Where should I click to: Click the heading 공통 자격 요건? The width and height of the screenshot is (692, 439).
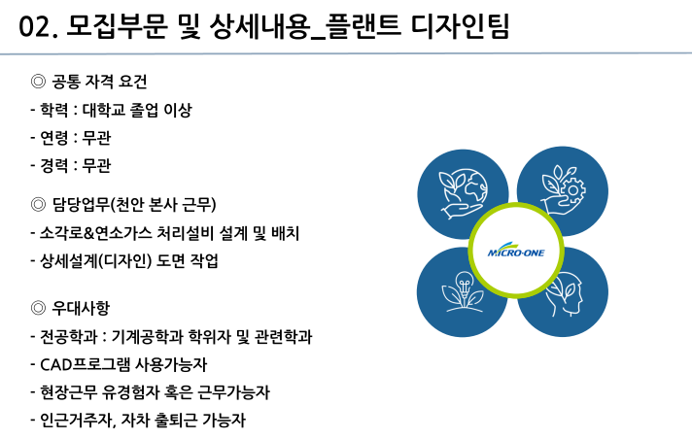point(104,82)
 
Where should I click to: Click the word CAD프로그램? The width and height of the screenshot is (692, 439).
point(88,365)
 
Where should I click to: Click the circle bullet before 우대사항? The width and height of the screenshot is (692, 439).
point(40,309)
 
